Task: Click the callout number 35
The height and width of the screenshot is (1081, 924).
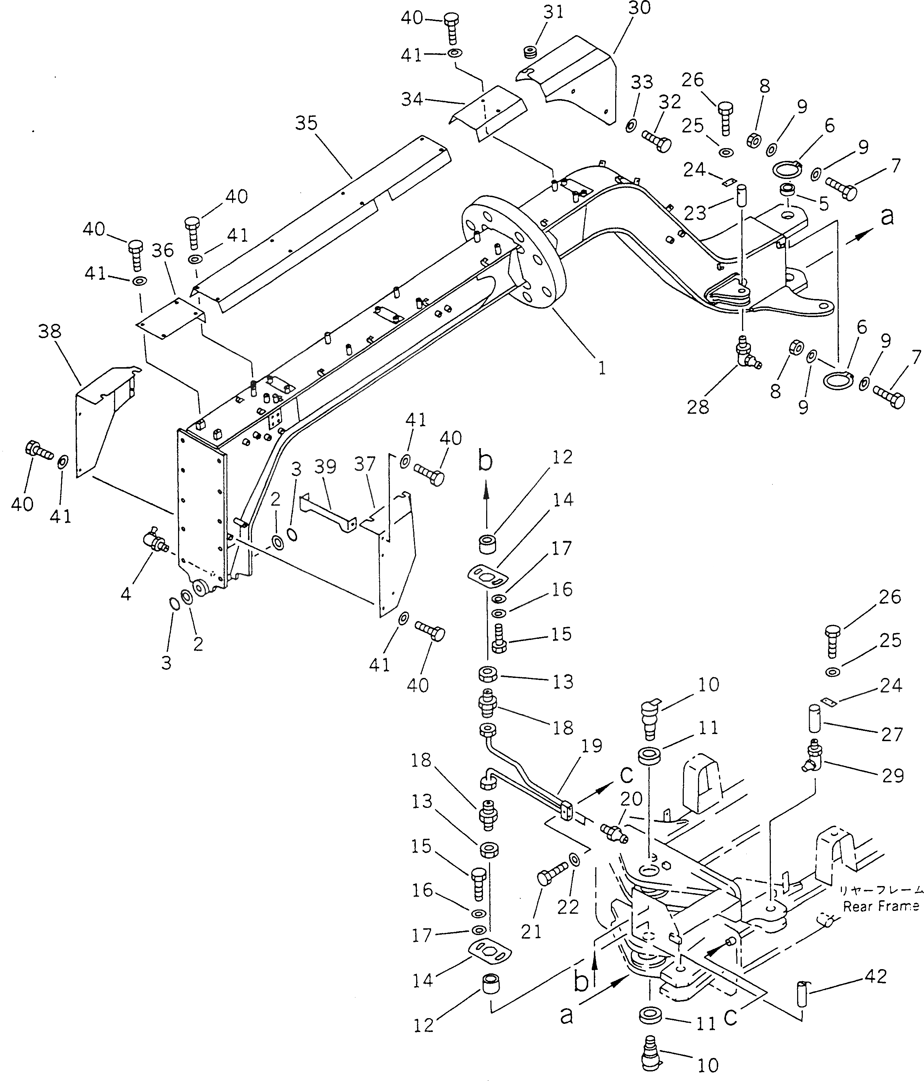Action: (306, 123)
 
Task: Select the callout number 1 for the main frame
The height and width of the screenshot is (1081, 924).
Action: (602, 368)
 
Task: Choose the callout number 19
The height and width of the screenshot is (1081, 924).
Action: (591, 746)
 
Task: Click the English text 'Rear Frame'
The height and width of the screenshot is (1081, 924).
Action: (880, 906)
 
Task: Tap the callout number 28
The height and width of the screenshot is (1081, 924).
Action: (697, 407)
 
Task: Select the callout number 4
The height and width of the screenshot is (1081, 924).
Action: (126, 593)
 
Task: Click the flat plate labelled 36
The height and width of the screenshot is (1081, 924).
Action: (170, 318)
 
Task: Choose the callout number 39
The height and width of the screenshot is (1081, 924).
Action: (325, 466)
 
